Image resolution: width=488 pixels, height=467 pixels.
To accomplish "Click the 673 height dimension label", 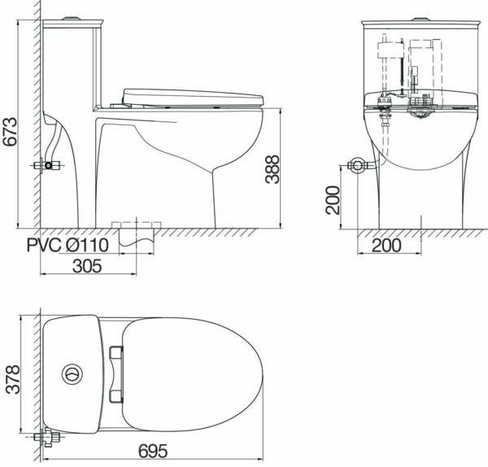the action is tap(10, 132).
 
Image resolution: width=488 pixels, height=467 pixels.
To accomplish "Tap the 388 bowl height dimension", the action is tap(272, 169).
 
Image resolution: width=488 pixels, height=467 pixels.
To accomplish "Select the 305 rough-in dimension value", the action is tap(87, 266).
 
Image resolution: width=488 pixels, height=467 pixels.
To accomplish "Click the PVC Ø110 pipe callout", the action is tap(68, 245).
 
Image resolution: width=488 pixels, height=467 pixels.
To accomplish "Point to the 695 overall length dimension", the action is tap(153, 451).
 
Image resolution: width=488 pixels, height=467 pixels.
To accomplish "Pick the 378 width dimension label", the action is tap(13, 379).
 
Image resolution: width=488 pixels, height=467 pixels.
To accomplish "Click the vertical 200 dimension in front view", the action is tap(333, 200).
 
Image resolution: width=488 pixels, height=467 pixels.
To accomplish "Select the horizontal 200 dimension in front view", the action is tap(386, 246).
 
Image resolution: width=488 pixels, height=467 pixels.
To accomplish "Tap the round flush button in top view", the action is tap(72, 374).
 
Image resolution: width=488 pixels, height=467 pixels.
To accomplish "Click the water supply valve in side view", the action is tap(47, 165).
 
